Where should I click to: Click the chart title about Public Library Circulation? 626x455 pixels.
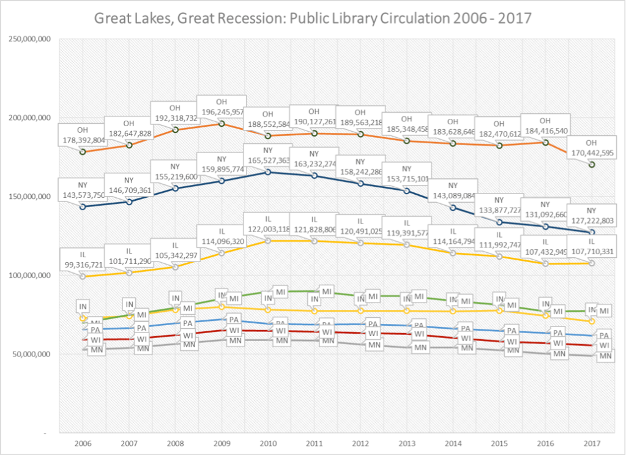point(313,18)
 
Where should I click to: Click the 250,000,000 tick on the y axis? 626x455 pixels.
point(29,39)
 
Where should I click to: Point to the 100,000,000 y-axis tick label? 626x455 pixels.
point(29,276)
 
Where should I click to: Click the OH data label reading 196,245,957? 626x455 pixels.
point(222,108)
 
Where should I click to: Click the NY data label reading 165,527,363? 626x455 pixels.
point(267,155)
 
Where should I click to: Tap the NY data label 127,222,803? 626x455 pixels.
point(591,217)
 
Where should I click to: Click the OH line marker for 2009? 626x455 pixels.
point(222,124)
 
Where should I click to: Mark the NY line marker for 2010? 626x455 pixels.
point(267,172)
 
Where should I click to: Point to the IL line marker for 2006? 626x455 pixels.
point(83,276)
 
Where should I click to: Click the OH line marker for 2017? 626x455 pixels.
point(592,164)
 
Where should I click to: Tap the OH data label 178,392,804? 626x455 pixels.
point(83,135)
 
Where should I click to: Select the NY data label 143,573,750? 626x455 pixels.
point(83,190)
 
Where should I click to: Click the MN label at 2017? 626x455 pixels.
point(605,356)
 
